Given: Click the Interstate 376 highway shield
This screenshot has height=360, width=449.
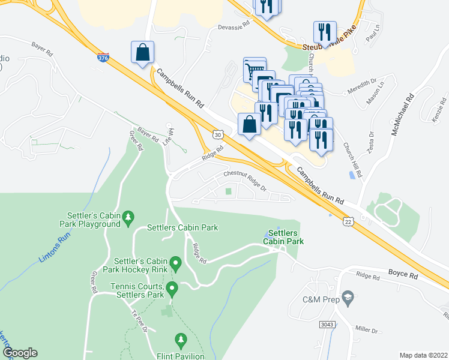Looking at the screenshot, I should pyautogui.click(x=104, y=58).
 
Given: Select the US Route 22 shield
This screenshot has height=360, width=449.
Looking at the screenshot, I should pyautogui.click(x=348, y=223).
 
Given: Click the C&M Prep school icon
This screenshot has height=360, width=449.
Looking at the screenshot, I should pyautogui.click(x=348, y=298).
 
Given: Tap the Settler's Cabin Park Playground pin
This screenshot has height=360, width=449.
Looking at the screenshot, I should pyautogui.click(x=127, y=219).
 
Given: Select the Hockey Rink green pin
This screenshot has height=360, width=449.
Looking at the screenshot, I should pyautogui.click(x=175, y=263).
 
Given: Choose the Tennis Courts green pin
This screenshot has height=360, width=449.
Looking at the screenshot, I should pyautogui.click(x=172, y=290).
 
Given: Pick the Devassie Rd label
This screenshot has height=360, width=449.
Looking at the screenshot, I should pyautogui.click(x=234, y=26).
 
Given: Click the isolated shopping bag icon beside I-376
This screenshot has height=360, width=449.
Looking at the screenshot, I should pyautogui.click(x=143, y=53).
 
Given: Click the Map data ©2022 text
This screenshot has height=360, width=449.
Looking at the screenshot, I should pyautogui.click(x=423, y=355).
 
